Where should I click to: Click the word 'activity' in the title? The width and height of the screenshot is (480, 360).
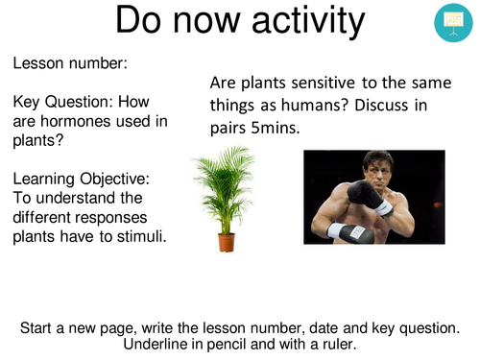point(286,23)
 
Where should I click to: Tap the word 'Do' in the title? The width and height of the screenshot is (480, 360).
point(145,23)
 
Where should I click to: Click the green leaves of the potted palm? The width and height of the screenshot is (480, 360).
point(227,187)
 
